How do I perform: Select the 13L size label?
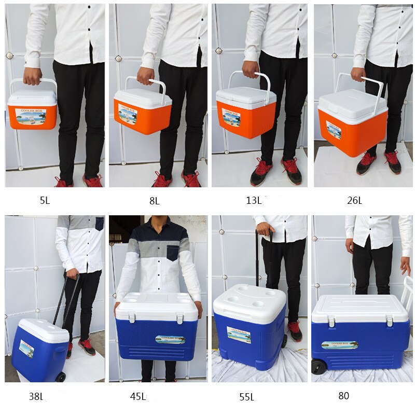click(254, 200)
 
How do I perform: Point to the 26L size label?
click(355, 201)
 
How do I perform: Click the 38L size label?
click(36, 397)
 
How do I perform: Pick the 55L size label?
click(246, 397)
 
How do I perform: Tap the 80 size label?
click(343, 396)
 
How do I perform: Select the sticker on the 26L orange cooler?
click(334, 131)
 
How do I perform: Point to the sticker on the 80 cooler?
click(339, 345)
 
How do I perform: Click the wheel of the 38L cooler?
click(61, 377)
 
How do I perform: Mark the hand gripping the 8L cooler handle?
click(146, 76)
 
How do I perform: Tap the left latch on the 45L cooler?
click(132, 317)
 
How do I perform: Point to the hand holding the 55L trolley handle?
click(265, 229)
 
